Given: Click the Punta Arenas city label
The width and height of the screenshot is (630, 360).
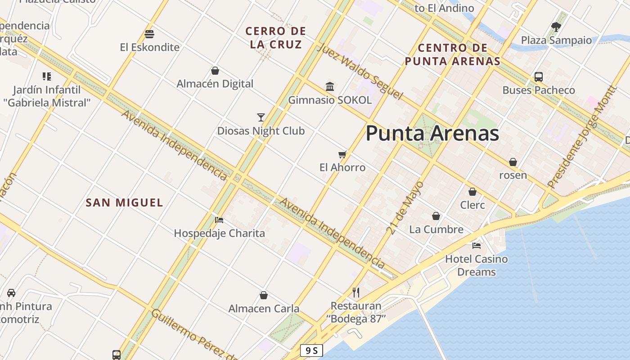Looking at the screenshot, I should (432, 134).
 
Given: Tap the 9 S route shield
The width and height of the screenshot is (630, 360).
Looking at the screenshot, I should (311, 351).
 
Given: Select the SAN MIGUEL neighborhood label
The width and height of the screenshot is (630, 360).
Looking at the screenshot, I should (124, 202).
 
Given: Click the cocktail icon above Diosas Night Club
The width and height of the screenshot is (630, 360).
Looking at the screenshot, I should (261, 117).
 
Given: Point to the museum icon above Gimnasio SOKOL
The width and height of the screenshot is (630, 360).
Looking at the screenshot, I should (330, 86).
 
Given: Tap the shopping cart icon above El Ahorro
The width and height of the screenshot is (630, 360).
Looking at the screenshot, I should (342, 154).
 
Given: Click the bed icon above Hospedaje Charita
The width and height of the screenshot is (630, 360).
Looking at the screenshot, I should (219, 220).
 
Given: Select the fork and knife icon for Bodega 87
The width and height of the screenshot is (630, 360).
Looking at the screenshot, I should (356, 292).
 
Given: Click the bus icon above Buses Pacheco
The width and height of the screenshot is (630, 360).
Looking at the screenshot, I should (539, 77).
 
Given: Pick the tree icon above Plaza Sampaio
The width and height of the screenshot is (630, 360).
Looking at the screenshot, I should (556, 27).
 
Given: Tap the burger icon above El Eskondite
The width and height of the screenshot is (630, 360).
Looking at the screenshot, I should (149, 34).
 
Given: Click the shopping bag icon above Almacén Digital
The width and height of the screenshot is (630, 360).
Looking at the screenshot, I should (215, 71).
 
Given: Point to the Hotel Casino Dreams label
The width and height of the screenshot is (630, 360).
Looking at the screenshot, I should (476, 265).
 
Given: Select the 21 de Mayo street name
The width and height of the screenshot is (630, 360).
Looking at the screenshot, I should (405, 207).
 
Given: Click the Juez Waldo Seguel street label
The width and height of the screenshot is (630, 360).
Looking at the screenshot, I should (360, 72).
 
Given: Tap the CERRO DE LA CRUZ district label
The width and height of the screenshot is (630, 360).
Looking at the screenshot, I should (275, 38).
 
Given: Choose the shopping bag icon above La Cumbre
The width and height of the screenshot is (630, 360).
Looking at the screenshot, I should (436, 216).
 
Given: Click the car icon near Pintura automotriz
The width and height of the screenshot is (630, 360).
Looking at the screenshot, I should (11, 293).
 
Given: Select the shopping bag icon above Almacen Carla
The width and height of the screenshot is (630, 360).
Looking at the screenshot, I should (264, 295).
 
